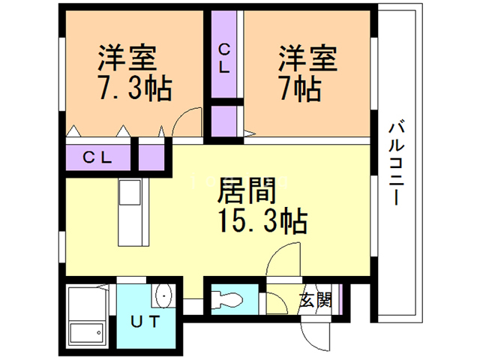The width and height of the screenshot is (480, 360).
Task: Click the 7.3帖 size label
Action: click(134, 88)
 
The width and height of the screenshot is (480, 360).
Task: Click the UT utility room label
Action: click(145, 322)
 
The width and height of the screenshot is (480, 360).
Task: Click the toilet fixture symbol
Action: click(224, 299)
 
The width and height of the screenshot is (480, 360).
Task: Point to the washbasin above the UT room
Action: click(163, 298)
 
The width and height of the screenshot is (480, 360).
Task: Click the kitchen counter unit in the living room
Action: click(133, 212)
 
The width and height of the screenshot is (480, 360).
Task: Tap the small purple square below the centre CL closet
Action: click(225, 121)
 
